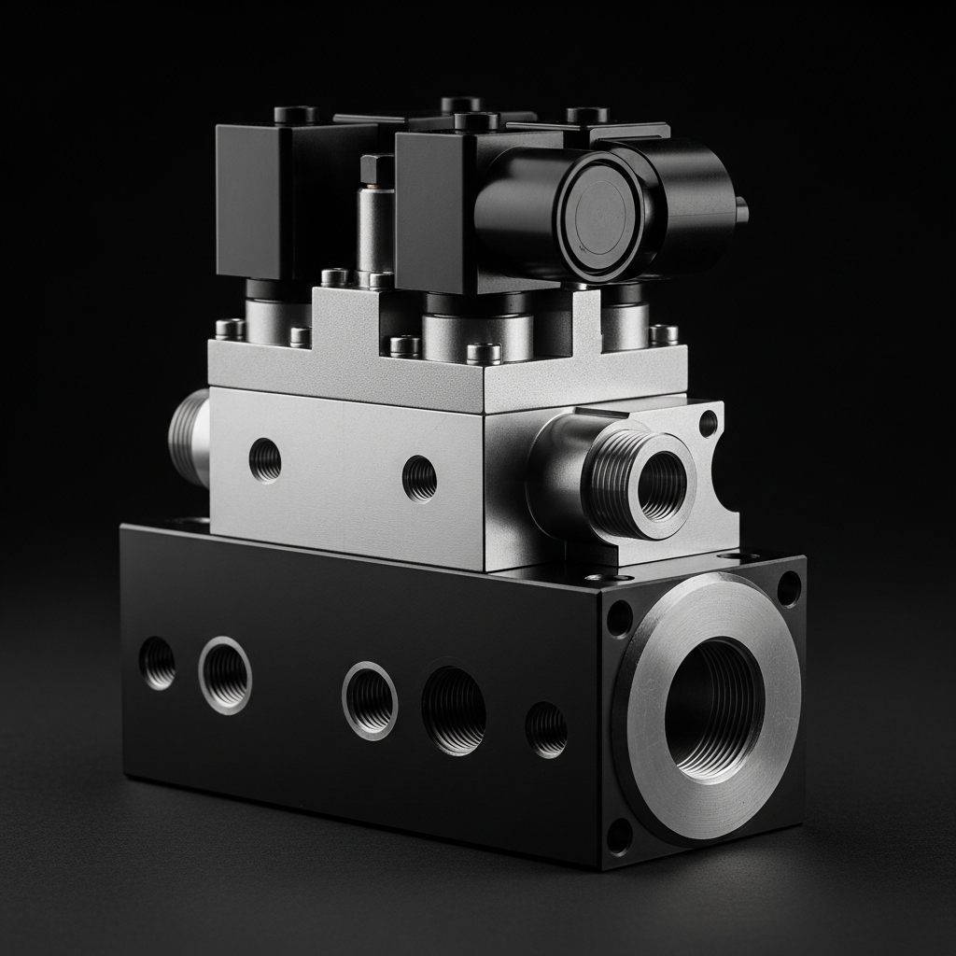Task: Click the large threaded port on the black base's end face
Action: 714,710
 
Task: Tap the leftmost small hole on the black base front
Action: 157,663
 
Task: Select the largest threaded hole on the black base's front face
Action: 454,710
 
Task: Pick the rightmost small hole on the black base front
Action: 546,729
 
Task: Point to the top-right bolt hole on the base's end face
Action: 789,588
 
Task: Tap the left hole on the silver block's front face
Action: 265,459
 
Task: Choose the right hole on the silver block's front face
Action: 419,479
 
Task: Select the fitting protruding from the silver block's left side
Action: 190,438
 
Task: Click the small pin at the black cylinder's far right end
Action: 742,210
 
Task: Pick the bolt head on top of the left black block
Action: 296,114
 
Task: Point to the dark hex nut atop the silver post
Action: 377,169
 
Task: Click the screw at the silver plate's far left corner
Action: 229,329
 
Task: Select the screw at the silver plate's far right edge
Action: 664,333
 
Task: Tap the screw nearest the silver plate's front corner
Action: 484,353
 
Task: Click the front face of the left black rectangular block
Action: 250,201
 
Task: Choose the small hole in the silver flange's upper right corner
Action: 709,423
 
